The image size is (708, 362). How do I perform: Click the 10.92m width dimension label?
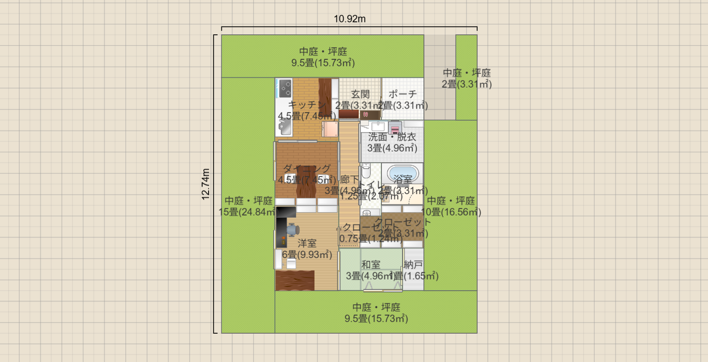pos(350,19)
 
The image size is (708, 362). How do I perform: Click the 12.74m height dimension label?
pos(206,184)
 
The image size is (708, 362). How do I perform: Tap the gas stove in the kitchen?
pos(285,88)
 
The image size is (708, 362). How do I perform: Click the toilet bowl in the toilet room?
pos(366,171)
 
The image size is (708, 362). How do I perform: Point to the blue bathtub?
pos(402,174)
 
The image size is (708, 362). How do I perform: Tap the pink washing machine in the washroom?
pos(395,128)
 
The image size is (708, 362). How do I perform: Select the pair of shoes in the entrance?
pos(366,115)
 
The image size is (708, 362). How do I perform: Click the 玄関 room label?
pos(360,94)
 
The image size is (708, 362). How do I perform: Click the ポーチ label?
pos(402,94)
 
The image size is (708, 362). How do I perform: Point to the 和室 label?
pos(371,265)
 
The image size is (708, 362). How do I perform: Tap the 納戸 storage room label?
pos(413,265)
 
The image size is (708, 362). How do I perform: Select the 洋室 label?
pos(307,243)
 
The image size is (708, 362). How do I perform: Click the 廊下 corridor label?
pos(349,179)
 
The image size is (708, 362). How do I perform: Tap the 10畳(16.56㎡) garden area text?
pos(451,212)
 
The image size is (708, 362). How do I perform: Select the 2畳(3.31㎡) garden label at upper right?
pos(466,84)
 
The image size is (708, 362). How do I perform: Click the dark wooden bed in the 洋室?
pos(295,280)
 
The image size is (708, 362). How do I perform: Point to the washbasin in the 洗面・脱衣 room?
pos(378,126)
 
